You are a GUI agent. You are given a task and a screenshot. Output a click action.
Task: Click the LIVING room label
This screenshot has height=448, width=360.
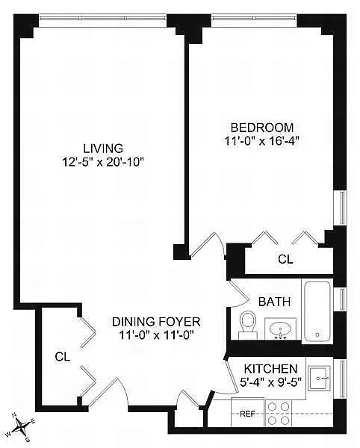(x=104, y=147)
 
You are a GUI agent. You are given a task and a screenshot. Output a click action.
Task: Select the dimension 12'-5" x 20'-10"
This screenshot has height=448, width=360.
(x=104, y=161)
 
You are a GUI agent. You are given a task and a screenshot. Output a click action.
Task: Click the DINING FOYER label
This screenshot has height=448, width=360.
(x=157, y=322)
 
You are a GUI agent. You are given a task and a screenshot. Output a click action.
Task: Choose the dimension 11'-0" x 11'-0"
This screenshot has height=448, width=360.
(x=157, y=335)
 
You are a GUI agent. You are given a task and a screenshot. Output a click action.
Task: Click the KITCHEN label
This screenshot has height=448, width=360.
(x=272, y=369)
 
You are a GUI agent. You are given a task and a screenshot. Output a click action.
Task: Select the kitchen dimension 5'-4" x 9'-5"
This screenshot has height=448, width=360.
(x=272, y=382)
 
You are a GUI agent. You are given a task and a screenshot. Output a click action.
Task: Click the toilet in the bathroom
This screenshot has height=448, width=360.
(x=247, y=323)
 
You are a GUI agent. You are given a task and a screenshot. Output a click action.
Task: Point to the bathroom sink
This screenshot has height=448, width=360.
(x=282, y=328)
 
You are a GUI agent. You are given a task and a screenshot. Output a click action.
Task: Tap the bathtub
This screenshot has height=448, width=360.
(x=318, y=310)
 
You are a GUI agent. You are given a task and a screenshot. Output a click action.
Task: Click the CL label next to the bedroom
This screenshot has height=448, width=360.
(x=285, y=260)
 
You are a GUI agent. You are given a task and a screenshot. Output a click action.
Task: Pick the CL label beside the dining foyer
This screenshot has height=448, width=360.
(x=62, y=357)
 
